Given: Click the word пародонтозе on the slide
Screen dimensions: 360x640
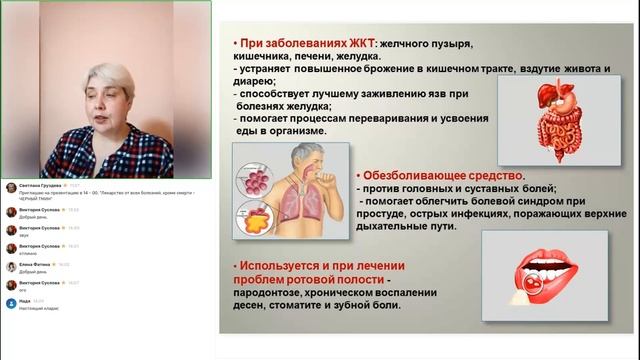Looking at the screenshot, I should coord(268,291).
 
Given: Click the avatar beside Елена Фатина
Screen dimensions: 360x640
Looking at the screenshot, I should coord(10,267).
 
